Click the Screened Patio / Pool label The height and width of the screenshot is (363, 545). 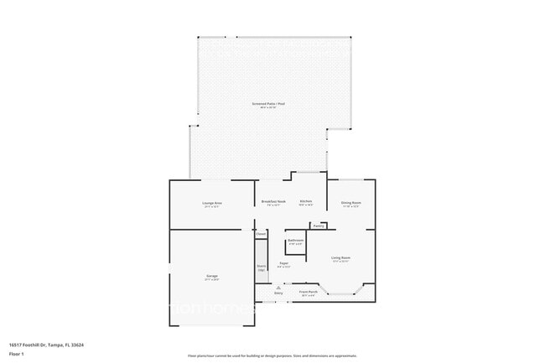[x=267, y=104]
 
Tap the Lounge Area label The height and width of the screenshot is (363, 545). [x=211, y=203]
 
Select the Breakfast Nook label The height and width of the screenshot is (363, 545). [x=273, y=201]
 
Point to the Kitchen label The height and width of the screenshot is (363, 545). [x=306, y=201]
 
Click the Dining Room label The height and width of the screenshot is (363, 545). [x=350, y=203]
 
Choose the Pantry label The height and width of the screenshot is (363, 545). [x=319, y=226]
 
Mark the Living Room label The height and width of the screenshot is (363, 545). [x=340, y=257]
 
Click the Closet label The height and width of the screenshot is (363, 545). [x=261, y=234]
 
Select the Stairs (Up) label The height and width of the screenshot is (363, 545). [x=261, y=267]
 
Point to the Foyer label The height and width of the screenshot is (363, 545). [x=285, y=263]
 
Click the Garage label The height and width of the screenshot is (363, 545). [x=211, y=276]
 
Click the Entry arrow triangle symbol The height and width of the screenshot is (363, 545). [x=278, y=287]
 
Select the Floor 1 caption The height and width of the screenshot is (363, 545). [x=16, y=354]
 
